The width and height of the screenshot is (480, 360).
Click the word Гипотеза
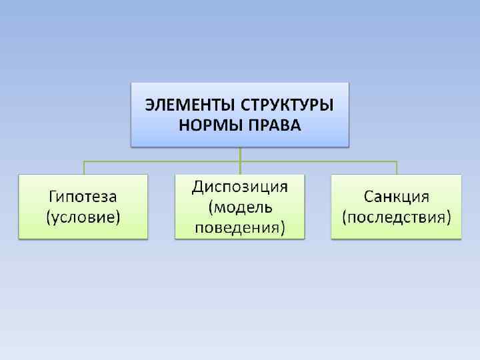click(83, 197)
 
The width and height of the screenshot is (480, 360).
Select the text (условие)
click(83, 217)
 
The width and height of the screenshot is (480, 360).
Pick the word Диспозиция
click(239, 187)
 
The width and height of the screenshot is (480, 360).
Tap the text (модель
click(239, 207)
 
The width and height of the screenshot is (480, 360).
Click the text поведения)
click(239, 228)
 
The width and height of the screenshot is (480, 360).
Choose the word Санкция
click(396, 197)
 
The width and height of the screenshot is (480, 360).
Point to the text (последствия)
click(396, 217)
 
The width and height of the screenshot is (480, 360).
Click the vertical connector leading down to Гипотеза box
click(83, 167)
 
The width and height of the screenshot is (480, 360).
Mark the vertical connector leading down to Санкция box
click(397, 167)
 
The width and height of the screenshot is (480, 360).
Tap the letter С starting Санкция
click(369, 197)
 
